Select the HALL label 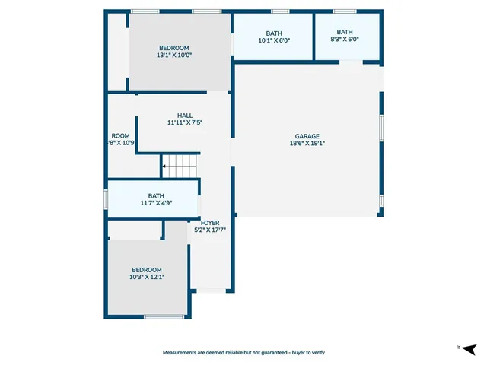(184, 116)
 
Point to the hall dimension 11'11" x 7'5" (184, 122)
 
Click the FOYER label (210, 222)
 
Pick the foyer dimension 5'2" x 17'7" (210, 229)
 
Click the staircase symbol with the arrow (180, 163)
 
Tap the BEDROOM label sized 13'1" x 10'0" (174, 48)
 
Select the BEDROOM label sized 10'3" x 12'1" (147, 270)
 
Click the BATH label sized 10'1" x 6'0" (273, 33)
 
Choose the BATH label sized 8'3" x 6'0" (345, 32)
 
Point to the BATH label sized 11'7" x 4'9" (156, 195)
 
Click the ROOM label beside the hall (120, 135)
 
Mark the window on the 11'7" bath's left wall (106, 198)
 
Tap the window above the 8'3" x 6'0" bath (345, 11)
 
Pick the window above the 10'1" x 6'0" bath (280, 11)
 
